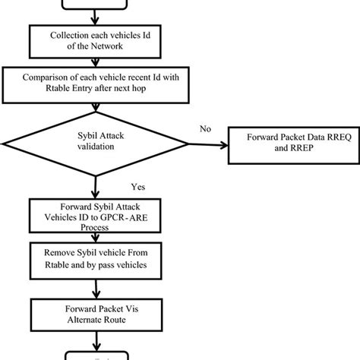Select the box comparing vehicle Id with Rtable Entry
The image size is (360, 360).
93,82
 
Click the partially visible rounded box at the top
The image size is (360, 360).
93,5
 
